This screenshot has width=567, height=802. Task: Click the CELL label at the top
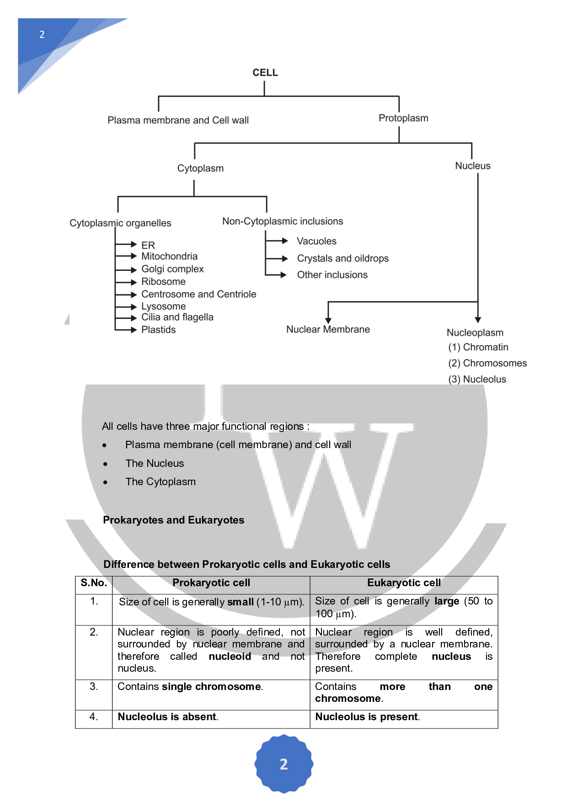coord(265,73)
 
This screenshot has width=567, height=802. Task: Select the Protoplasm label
coord(403,118)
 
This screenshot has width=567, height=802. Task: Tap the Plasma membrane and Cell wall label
coord(178,120)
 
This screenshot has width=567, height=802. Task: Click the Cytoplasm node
coord(200,168)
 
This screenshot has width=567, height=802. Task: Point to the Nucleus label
coord(472,166)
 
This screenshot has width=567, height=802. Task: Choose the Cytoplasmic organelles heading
coord(120,223)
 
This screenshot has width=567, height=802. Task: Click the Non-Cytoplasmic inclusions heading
coord(283,221)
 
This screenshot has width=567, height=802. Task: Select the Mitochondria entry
coord(169,256)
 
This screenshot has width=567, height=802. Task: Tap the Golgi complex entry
coord(172,269)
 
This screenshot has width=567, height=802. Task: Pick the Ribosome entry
coord(163,282)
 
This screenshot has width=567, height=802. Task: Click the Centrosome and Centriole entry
coord(198,294)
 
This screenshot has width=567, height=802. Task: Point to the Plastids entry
coord(158,330)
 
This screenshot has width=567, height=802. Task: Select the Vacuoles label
coord(316,241)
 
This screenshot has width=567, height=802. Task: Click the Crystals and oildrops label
coord(342,258)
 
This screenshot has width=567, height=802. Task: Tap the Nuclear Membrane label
coord(328,329)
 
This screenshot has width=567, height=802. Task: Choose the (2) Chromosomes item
coord(487,363)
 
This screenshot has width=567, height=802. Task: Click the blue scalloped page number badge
coord(283,764)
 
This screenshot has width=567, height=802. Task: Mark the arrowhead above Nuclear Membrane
coord(328,321)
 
